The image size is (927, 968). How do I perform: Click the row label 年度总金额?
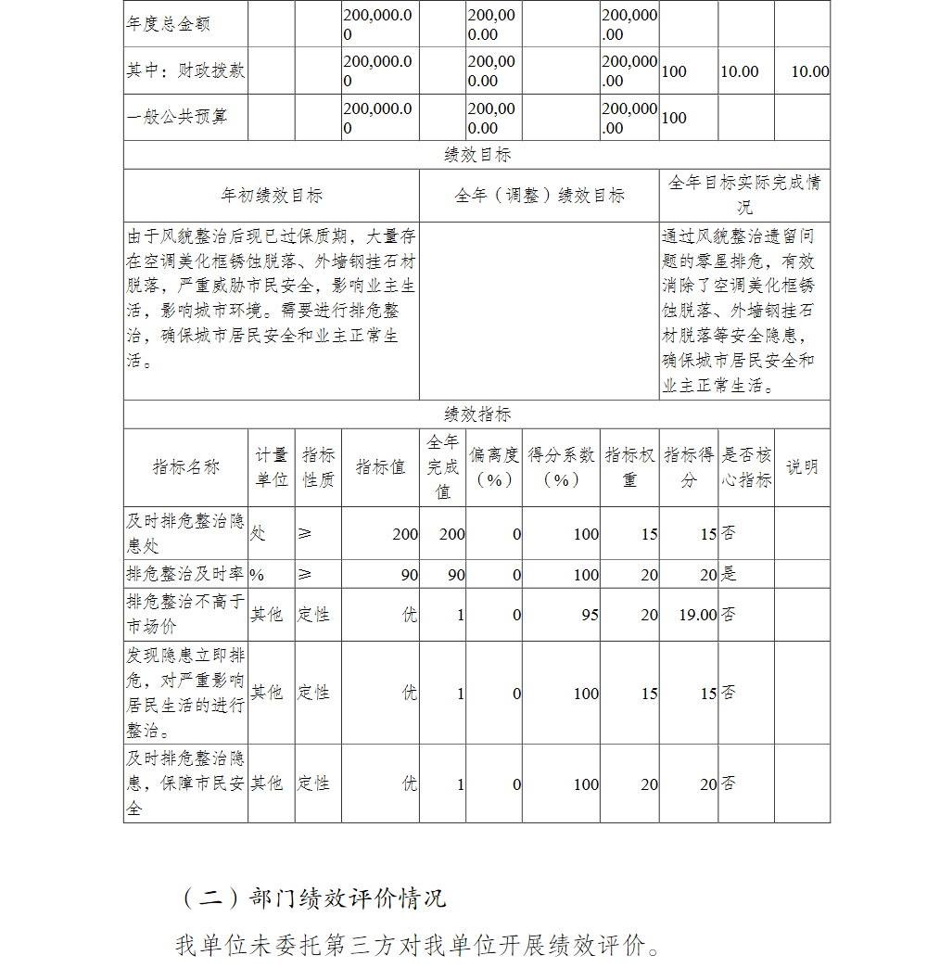tap(168, 23)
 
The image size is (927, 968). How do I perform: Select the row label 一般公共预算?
tap(176, 117)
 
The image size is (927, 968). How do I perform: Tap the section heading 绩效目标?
tap(476, 155)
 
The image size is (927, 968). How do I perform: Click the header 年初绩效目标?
tap(271, 196)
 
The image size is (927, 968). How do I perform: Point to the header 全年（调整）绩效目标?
tap(539, 196)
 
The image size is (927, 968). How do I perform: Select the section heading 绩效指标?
tap(476, 414)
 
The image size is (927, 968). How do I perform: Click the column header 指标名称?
tap(185, 467)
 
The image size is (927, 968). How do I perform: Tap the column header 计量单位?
tap(271, 467)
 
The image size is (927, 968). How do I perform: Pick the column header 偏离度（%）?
tap(493, 467)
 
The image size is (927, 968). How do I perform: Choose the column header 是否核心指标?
tap(746, 467)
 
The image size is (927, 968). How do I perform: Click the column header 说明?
tap(802, 467)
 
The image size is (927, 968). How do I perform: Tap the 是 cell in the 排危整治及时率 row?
tap(729, 574)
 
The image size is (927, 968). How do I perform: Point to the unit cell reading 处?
tap(258, 533)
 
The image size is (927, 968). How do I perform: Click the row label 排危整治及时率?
tap(185, 574)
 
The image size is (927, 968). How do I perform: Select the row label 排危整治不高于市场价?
tap(185, 615)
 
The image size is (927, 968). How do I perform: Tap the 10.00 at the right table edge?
tap(809, 71)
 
